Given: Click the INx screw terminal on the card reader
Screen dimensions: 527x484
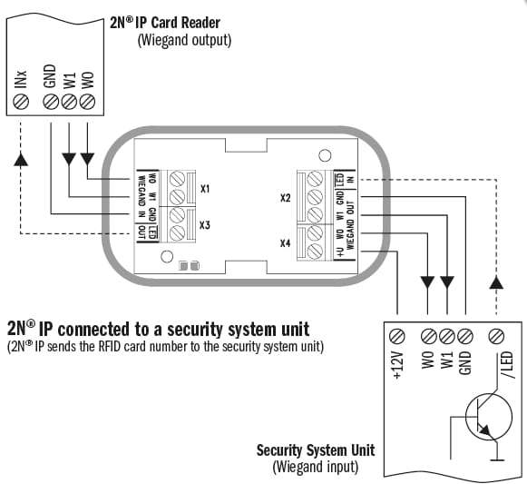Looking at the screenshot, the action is pyautogui.click(x=21, y=102).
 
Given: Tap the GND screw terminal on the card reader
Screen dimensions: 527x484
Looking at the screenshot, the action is pyautogui.click(x=51, y=102).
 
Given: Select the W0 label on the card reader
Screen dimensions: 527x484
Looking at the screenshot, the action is pyautogui.click(x=87, y=80).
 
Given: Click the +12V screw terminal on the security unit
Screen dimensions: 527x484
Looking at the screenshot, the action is pyautogui.click(x=397, y=336).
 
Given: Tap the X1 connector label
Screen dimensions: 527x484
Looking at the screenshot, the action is pyautogui.click(x=205, y=189).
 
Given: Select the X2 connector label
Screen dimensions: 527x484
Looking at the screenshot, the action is pyautogui.click(x=286, y=198).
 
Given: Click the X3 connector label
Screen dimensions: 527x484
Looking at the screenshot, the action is pyautogui.click(x=205, y=225).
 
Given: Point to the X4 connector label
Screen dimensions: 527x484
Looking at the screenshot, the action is pyautogui.click(x=286, y=242).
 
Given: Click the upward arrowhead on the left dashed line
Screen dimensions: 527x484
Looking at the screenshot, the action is pyautogui.click(x=21, y=159).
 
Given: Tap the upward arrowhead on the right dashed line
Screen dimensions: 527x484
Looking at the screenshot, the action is pyautogui.click(x=496, y=282).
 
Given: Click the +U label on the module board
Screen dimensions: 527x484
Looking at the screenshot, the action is pyautogui.click(x=341, y=252).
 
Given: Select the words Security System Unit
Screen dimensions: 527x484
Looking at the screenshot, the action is pyautogui.click(x=316, y=450).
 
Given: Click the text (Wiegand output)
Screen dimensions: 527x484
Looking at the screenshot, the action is pyautogui.click(x=184, y=40).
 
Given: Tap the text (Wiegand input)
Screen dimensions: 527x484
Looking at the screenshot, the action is pyautogui.click(x=316, y=467).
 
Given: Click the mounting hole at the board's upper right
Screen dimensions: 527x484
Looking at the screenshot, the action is pyautogui.click(x=325, y=155).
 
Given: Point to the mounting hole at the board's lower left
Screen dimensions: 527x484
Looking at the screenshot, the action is pyautogui.click(x=167, y=257).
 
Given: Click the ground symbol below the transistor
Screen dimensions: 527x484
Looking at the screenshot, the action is pyautogui.click(x=496, y=459).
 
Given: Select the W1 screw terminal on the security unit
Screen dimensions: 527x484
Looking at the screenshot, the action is pyautogui.click(x=447, y=336).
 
